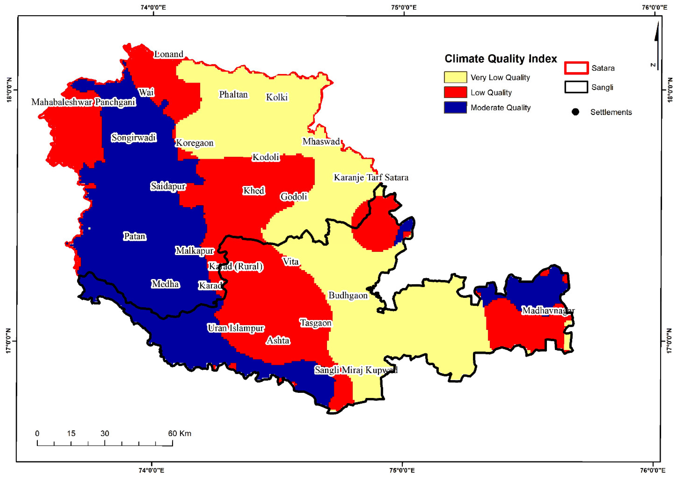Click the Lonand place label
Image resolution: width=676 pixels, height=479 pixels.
pyautogui.click(x=169, y=54)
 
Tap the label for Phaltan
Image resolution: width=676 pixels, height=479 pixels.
pyautogui.click(x=233, y=95)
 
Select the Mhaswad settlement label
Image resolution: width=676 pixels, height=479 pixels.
pyautogui.click(x=321, y=142)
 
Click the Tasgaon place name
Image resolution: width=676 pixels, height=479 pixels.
pyautogui.click(x=316, y=323)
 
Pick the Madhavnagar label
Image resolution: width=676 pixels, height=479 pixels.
pyautogui.click(x=548, y=311)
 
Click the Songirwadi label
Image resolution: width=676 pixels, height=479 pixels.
pyautogui.click(x=134, y=138)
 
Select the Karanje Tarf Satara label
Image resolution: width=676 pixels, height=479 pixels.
pyautogui.click(x=371, y=178)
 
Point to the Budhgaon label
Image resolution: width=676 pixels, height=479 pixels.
pyautogui.click(x=348, y=295)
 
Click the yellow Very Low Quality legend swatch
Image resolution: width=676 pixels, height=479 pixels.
pyautogui.click(x=455, y=77)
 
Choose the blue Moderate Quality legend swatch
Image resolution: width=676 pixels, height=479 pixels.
pyautogui.click(x=455, y=107)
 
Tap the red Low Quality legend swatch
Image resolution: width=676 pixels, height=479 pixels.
pyautogui.click(x=455, y=92)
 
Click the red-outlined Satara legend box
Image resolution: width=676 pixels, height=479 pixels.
pyautogui.click(x=576, y=68)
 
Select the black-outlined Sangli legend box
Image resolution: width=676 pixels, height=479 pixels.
pyautogui.click(x=576, y=87)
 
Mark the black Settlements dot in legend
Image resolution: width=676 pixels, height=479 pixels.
pyautogui.click(x=575, y=112)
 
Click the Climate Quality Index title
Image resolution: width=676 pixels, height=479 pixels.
pyautogui.click(x=501, y=59)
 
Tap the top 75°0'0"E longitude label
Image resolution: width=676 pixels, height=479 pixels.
pyautogui.click(x=404, y=7)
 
